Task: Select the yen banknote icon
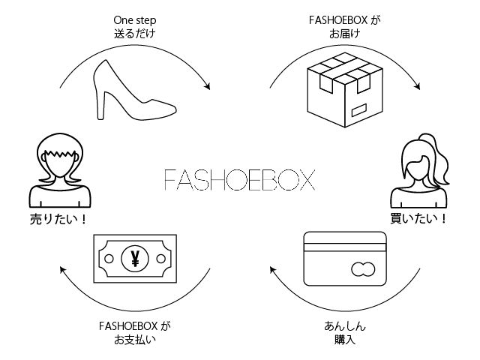[x=135, y=259]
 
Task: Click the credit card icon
[x=344, y=259]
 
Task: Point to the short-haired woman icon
[x=61, y=172]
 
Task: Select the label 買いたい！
[x=420, y=220]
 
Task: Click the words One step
[x=136, y=20]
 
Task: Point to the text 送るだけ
[x=136, y=34]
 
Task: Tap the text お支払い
[x=136, y=340]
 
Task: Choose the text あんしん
[x=345, y=326]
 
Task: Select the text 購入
[x=345, y=340]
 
